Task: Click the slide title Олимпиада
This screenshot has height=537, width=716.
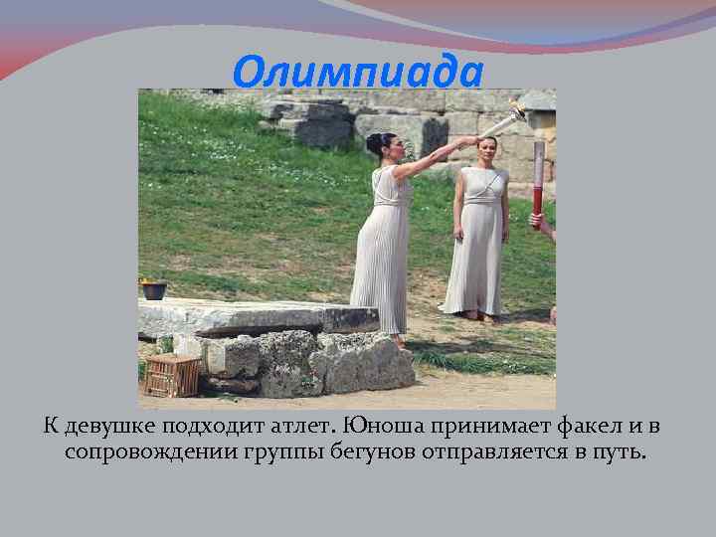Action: coord(358,71)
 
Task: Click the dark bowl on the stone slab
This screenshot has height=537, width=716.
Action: coord(154,290)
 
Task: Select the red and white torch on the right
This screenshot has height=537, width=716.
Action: coord(538,179)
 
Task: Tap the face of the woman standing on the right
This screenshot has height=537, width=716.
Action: coord(487,151)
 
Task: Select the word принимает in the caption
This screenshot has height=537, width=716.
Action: coord(489,427)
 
